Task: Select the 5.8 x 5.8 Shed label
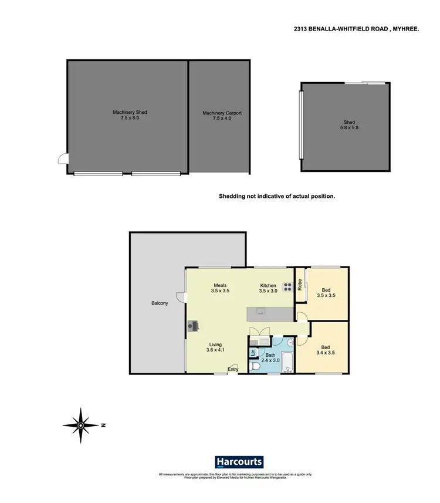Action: pyautogui.click(x=349, y=123)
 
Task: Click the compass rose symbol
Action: pyautogui.click(x=82, y=423)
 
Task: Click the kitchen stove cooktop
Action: pyautogui.click(x=288, y=287)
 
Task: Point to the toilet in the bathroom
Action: pyautogui.click(x=256, y=366)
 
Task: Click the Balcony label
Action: pyautogui.click(x=160, y=303)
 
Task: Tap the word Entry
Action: pyautogui.click(x=233, y=369)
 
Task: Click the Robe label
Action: pyautogui.click(x=300, y=285)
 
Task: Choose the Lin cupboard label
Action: pyautogui.click(x=253, y=353)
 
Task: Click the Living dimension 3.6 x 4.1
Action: pyautogui.click(x=216, y=350)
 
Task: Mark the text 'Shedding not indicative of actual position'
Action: pyautogui.click(x=277, y=197)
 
